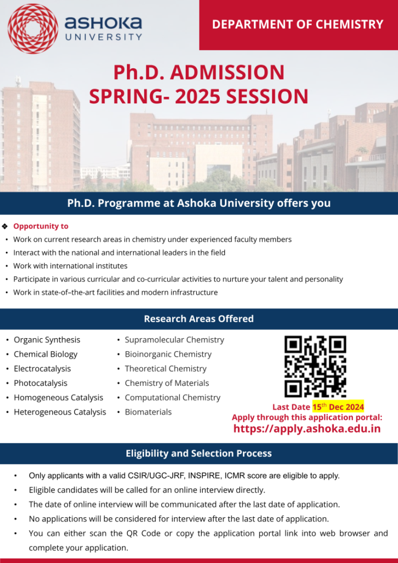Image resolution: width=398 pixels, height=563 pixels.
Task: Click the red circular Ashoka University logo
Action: tap(32, 28)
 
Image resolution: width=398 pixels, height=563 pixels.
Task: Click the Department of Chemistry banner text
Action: tap(297, 24)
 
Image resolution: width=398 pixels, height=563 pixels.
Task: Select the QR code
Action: tap(315, 367)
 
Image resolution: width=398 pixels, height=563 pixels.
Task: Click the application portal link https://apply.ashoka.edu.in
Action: tap(307, 429)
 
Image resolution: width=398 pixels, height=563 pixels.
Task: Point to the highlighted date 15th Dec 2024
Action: tap(338, 407)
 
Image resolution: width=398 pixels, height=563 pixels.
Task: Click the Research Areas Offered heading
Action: tap(198, 319)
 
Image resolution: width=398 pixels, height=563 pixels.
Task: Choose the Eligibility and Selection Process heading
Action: tap(198, 454)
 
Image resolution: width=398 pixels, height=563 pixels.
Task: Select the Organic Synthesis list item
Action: tap(47, 340)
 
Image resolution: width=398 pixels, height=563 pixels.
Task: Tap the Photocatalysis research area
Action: tap(40, 383)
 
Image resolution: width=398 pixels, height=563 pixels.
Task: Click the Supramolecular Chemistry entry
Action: tap(174, 340)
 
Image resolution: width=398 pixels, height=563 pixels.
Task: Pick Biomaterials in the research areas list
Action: tap(148, 412)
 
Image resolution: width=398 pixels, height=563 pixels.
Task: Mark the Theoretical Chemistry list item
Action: tap(165, 368)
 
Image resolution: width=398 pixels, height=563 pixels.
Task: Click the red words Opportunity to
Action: tap(41, 226)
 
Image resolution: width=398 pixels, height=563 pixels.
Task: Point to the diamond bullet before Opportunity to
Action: tap(5, 226)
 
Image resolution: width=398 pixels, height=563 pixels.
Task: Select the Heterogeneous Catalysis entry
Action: tap(59, 412)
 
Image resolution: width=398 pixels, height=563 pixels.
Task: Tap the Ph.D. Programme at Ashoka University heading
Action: tap(198, 203)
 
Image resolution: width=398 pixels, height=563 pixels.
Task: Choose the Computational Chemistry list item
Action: tap(172, 398)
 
